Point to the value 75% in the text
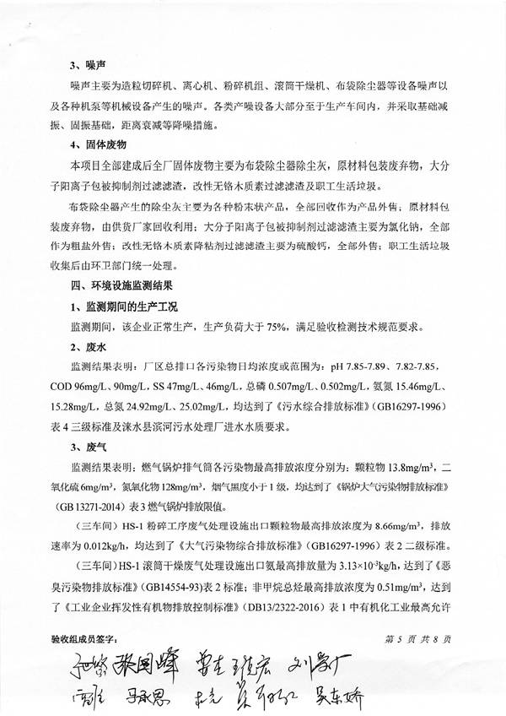pos(279,326)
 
